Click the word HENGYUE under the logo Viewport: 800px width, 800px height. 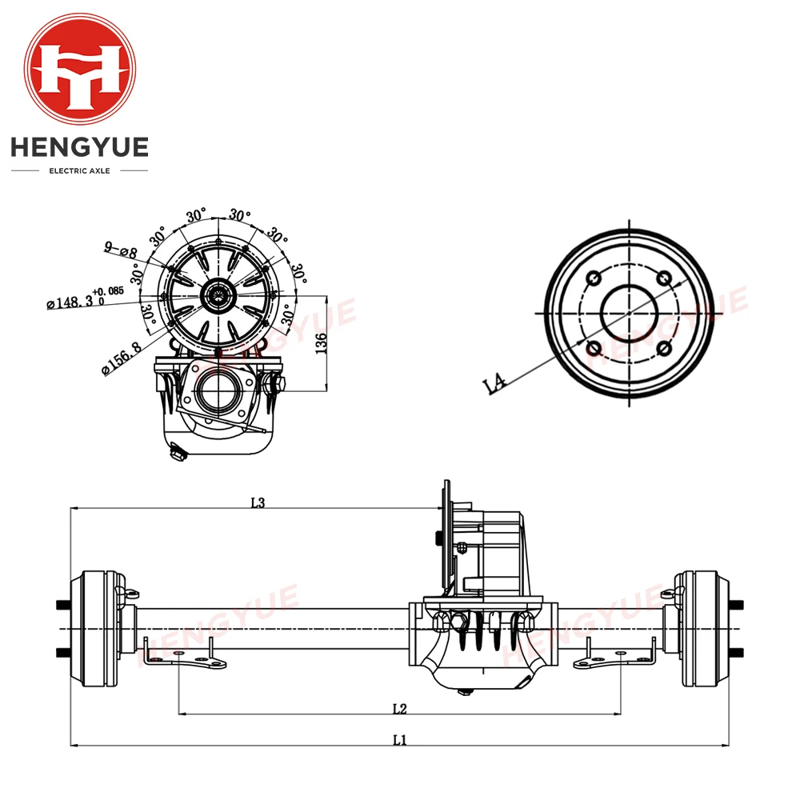(79, 148)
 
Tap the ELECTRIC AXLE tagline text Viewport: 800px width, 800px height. (79, 170)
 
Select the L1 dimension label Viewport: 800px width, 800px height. (400, 740)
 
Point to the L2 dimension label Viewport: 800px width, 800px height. (400, 708)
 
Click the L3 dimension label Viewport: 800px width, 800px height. (258, 502)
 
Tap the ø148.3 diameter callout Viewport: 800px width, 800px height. (76, 301)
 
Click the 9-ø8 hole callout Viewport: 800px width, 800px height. (118, 250)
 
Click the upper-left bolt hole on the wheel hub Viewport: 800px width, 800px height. (594, 278)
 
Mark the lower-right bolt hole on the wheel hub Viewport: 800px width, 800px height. (664, 348)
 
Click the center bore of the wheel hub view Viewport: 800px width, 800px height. (629, 313)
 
